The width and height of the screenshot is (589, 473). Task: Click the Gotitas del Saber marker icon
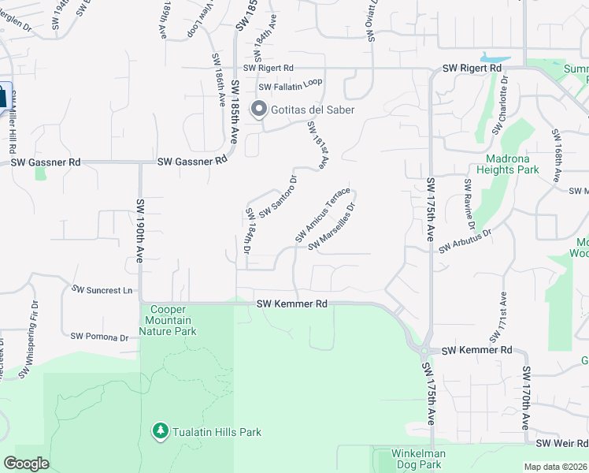(x=258, y=110)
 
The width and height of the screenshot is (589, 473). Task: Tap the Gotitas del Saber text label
(x=313, y=110)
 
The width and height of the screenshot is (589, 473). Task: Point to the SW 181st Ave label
(x=317, y=146)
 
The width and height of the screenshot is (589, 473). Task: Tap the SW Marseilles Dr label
(x=332, y=229)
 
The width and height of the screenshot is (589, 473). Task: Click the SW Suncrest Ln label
(x=102, y=289)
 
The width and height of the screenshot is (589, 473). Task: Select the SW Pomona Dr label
(x=99, y=337)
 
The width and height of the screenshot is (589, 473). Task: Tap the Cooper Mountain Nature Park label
(x=168, y=320)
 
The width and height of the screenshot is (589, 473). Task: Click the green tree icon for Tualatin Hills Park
(x=160, y=430)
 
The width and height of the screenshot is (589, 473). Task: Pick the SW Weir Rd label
(x=562, y=444)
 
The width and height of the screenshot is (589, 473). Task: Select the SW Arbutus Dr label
(x=465, y=241)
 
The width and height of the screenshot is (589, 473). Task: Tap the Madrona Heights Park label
(x=507, y=163)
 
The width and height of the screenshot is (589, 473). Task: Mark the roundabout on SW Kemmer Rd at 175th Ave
(x=424, y=350)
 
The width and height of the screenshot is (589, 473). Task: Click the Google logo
(x=27, y=464)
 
